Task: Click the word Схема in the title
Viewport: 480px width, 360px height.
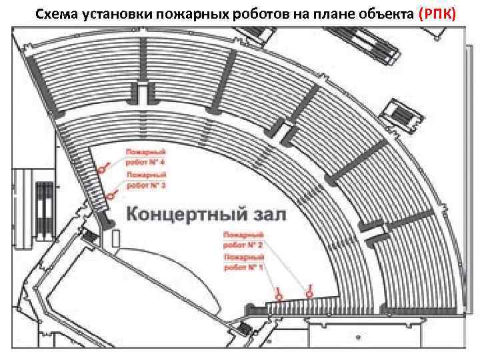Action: point(55,14)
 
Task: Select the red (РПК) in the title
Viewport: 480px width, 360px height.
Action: point(437,14)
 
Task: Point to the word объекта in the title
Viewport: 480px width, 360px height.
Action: point(381,14)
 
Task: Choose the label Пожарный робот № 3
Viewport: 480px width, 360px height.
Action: point(145,180)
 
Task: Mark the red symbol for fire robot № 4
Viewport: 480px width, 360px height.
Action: point(102,169)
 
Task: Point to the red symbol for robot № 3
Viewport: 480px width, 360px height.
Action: point(110,195)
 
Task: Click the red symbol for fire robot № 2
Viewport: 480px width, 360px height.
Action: point(308,291)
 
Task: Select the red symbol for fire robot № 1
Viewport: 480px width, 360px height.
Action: point(279,293)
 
